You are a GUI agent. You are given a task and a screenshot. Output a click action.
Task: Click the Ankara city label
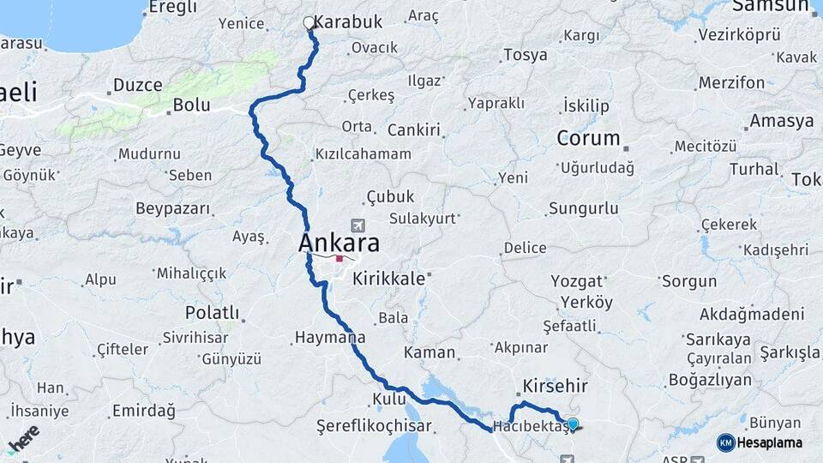click(339, 243)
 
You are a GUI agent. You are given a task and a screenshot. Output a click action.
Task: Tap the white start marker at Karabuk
click(309, 23)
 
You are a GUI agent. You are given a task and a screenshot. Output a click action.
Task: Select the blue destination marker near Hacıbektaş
click(573, 423)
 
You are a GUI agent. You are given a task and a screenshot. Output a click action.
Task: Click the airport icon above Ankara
click(357, 225)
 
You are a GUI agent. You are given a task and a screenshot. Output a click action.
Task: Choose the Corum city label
click(588, 138)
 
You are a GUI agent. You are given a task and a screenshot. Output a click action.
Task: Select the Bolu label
click(191, 105)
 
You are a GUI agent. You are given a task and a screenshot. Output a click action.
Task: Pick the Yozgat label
click(582, 280)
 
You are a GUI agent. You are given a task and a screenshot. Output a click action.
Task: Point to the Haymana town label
click(330, 338)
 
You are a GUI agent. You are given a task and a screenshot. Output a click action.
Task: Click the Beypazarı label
click(173, 208)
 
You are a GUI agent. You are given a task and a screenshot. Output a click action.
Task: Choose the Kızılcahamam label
click(363, 154)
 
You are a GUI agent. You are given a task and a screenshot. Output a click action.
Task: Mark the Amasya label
click(781, 121)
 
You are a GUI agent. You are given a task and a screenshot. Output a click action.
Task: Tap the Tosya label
click(526, 55)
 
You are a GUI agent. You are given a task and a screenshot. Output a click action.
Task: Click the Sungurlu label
click(583, 208)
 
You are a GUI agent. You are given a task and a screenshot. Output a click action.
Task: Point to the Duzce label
click(137, 85)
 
